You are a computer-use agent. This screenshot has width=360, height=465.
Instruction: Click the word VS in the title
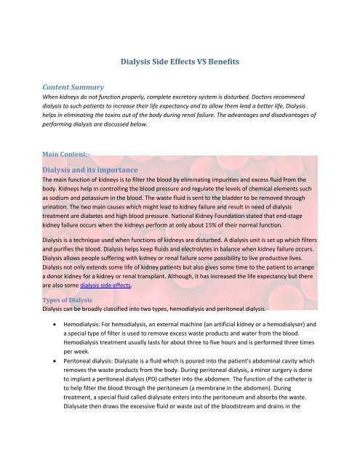(x=198, y=63)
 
